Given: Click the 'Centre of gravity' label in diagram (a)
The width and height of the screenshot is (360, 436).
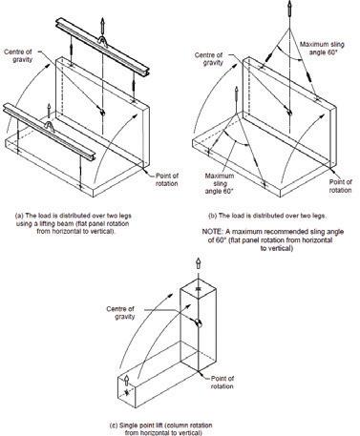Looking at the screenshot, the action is [18, 55].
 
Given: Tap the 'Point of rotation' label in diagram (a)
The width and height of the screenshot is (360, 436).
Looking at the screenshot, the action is [167, 179].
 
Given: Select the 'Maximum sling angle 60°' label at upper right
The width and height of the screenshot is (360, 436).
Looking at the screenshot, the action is [322, 49].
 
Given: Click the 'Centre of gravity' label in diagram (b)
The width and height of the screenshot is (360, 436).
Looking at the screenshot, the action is [209, 59].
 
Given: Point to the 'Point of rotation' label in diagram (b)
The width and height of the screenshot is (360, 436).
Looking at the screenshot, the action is [340, 186].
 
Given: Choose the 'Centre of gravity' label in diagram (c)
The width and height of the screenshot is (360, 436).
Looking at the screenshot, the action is [120, 313].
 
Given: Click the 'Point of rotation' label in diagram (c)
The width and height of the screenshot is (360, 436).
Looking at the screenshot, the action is [222, 383].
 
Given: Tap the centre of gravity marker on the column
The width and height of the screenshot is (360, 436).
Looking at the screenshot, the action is [199, 323].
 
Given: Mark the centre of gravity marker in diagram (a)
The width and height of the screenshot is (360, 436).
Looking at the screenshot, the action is [102, 112].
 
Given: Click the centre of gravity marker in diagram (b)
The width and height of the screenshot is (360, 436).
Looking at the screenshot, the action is [289, 113].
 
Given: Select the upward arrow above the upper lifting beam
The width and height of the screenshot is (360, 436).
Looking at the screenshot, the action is [102, 26].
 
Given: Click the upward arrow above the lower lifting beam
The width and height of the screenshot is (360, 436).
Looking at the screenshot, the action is [49, 112].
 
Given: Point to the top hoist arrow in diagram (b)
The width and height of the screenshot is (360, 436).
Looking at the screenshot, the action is [289, 9].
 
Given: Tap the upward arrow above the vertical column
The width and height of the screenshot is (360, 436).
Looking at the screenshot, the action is [199, 264].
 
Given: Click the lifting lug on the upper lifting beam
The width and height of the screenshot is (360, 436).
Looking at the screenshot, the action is [103, 41].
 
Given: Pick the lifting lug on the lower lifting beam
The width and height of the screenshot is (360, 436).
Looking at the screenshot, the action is [49, 127].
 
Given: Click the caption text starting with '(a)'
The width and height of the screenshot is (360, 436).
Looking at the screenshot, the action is [74, 223].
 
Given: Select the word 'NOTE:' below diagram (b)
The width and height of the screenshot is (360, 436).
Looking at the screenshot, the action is [211, 232].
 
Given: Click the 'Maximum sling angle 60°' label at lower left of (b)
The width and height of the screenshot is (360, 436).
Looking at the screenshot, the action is [220, 183].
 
